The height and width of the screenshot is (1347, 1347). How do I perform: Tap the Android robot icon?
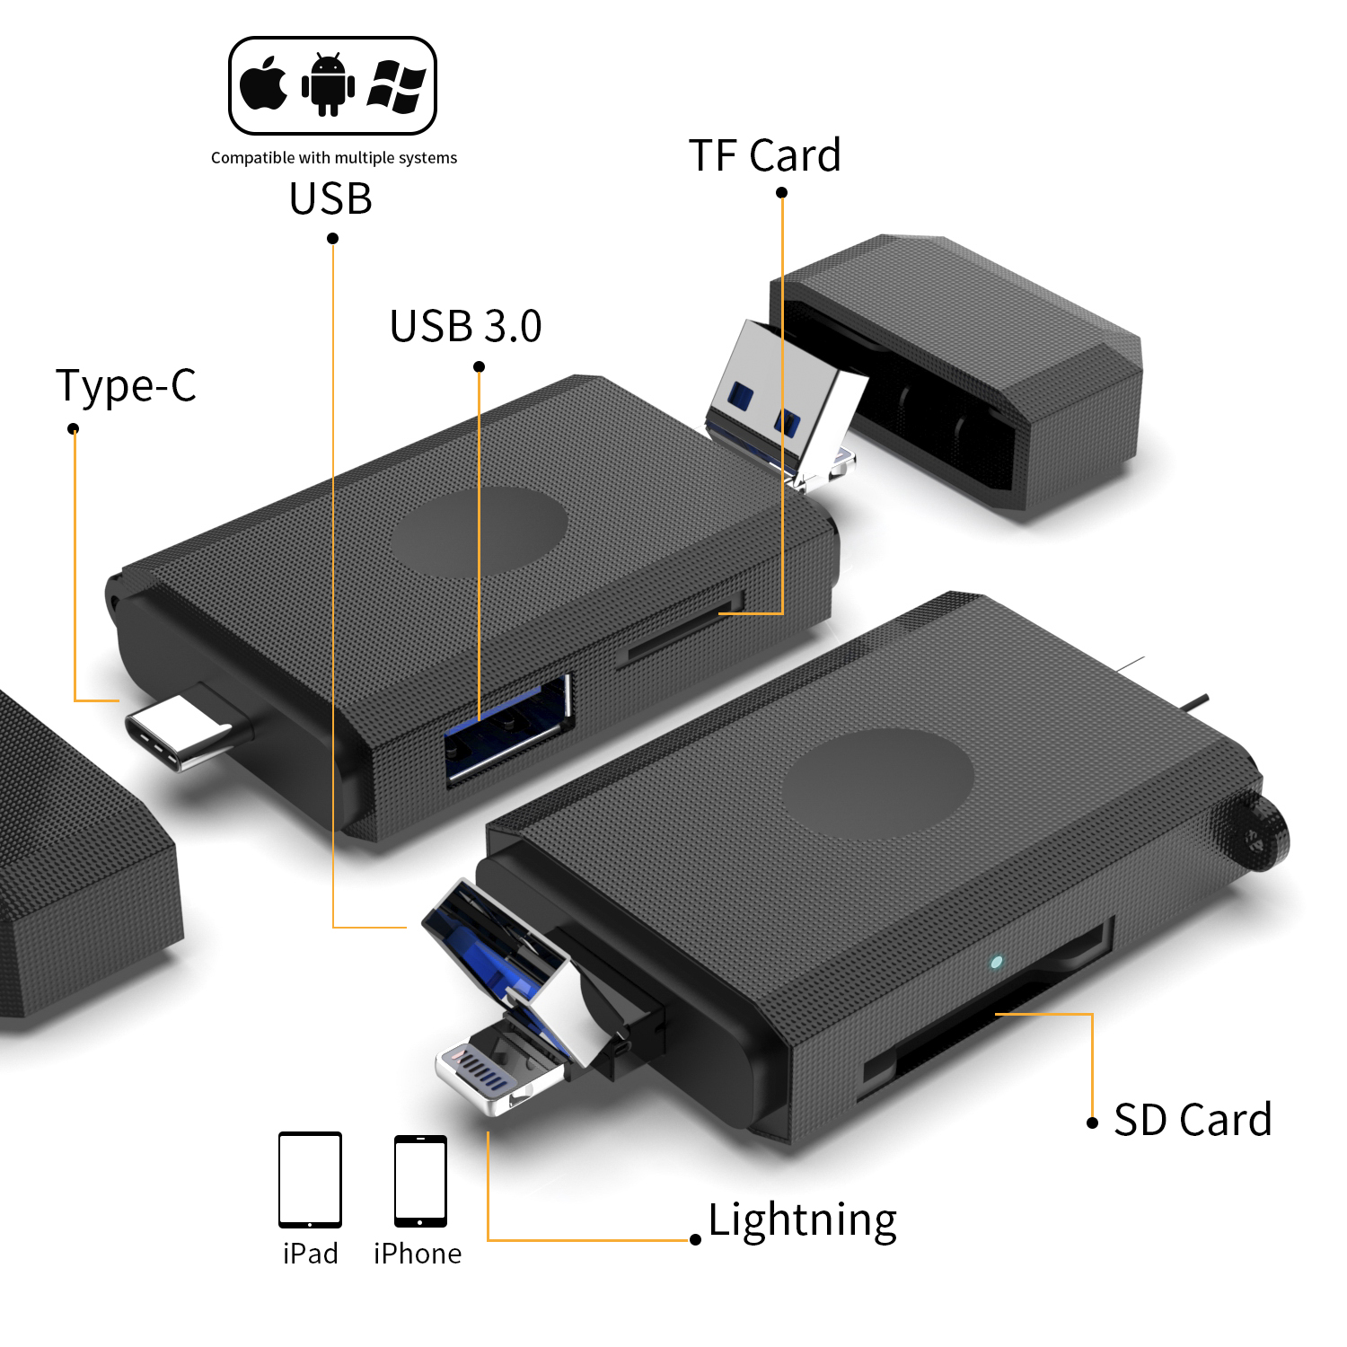(x=328, y=84)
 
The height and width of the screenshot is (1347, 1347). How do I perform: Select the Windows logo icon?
(x=396, y=86)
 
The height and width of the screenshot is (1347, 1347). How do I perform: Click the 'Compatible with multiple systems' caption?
(x=333, y=158)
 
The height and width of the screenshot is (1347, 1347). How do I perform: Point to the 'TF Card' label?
(x=764, y=155)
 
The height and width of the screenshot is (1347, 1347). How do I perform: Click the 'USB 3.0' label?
(x=465, y=327)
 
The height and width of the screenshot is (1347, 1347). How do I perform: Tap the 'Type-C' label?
(x=126, y=386)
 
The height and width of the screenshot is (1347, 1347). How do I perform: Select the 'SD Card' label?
(x=1192, y=1121)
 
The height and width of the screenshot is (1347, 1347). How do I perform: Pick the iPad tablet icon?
(x=310, y=1179)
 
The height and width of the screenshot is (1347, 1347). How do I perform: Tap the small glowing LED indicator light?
(x=996, y=963)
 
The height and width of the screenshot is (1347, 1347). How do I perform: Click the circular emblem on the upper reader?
(x=479, y=533)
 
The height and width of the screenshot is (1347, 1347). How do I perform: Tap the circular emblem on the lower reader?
(x=877, y=783)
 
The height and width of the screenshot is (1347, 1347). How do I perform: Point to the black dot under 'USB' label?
(x=332, y=238)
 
